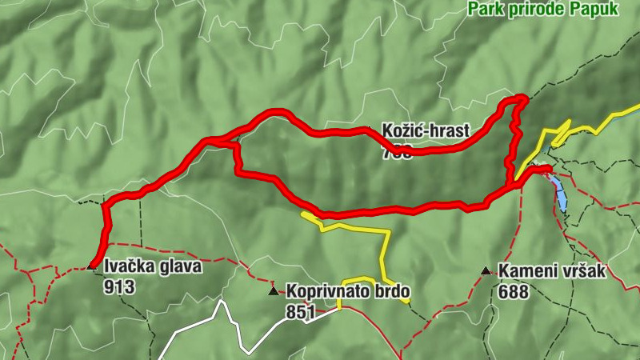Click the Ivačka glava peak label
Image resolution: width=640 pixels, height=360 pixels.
click(153, 267)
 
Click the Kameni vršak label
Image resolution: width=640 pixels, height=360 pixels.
click(551, 271)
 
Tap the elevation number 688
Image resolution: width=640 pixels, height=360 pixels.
click(513, 292)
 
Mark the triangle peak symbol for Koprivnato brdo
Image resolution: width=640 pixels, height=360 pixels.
click(274, 291)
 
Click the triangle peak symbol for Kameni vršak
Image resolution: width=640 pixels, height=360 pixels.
click(486, 271)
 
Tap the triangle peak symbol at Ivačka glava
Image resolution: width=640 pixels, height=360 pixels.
click(91, 266)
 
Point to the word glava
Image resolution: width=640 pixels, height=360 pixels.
click(180, 267)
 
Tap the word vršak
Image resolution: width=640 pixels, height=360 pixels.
click(582, 271)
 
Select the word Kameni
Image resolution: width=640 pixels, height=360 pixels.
click(526, 271)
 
